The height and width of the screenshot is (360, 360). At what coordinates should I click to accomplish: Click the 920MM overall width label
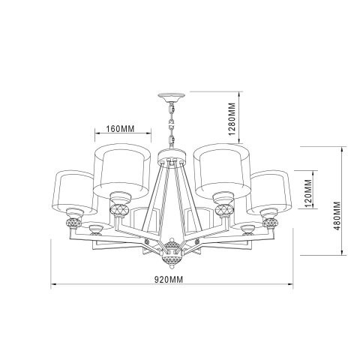[x=171, y=280]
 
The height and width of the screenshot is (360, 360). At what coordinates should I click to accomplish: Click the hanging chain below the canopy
[x=170, y=127]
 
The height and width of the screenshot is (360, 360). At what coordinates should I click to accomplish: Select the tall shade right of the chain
[x=221, y=169]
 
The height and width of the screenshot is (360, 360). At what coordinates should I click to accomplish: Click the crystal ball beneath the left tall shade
[x=117, y=208]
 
